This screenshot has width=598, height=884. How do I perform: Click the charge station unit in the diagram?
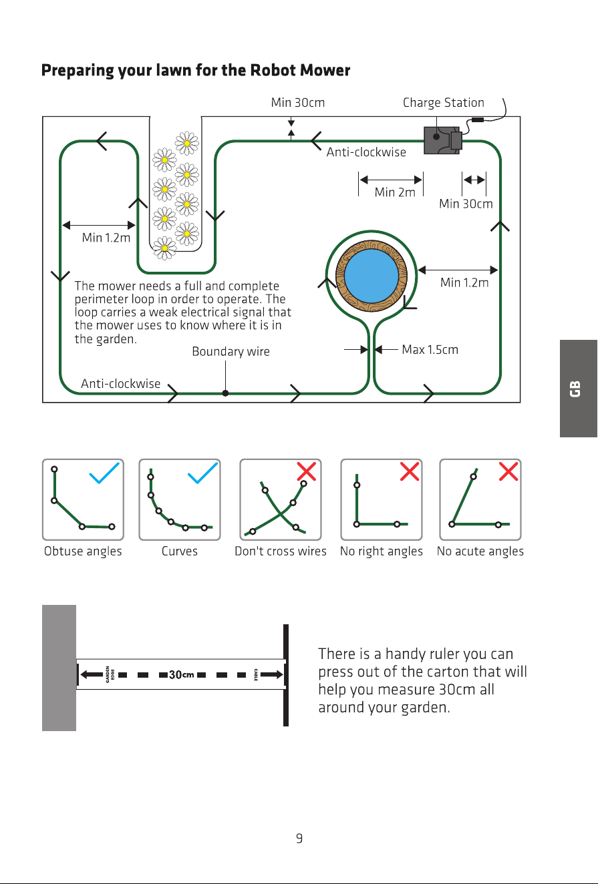[x=442, y=140]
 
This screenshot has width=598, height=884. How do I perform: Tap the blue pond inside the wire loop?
[x=371, y=276]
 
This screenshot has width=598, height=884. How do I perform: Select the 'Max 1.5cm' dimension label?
[x=430, y=350]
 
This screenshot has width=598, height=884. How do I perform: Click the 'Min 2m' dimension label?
[x=395, y=192]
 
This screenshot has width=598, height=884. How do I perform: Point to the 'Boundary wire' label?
[x=231, y=352]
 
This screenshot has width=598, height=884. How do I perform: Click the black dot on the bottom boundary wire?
[x=225, y=393]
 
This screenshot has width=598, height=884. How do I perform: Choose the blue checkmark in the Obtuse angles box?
[x=104, y=473]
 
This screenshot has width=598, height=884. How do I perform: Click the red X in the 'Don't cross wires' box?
[x=307, y=471]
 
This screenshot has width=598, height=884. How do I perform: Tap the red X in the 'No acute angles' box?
[x=508, y=471]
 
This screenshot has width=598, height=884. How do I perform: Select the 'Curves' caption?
[x=179, y=551]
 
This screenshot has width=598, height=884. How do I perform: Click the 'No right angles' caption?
[x=381, y=551]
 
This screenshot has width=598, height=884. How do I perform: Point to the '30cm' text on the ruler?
[x=182, y=674]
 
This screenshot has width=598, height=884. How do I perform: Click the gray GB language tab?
[x=578, y=389]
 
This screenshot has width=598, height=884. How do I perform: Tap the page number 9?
[x=299, y=838]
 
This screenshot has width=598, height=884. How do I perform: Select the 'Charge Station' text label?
[x=443, y=103]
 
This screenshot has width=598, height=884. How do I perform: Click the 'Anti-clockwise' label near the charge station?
[x=366, y=152]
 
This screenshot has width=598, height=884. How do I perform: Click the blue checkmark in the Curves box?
[x=202, y=473]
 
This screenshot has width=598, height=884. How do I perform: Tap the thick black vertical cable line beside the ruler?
[x=286, y=675]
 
